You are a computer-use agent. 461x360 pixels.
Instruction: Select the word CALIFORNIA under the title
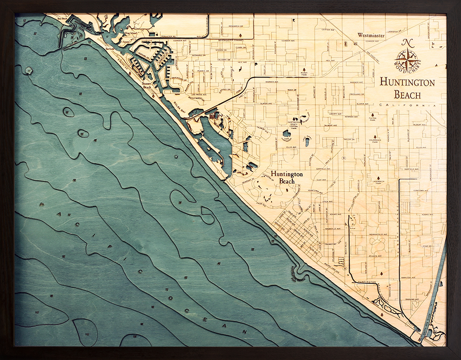pyautogui.click(x=407, y=106)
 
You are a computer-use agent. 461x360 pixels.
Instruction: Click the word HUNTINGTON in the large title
pyautogui.click(x=407, y=83)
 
